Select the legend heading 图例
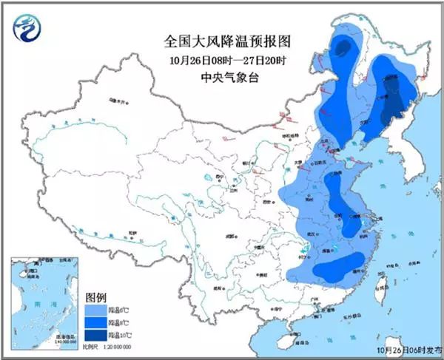pyautogui.click(x=95, y=296)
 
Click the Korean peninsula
pyautogui.click(x=414, y=166)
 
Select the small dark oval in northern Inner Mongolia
pyautogui.click(x=342, y=50)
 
